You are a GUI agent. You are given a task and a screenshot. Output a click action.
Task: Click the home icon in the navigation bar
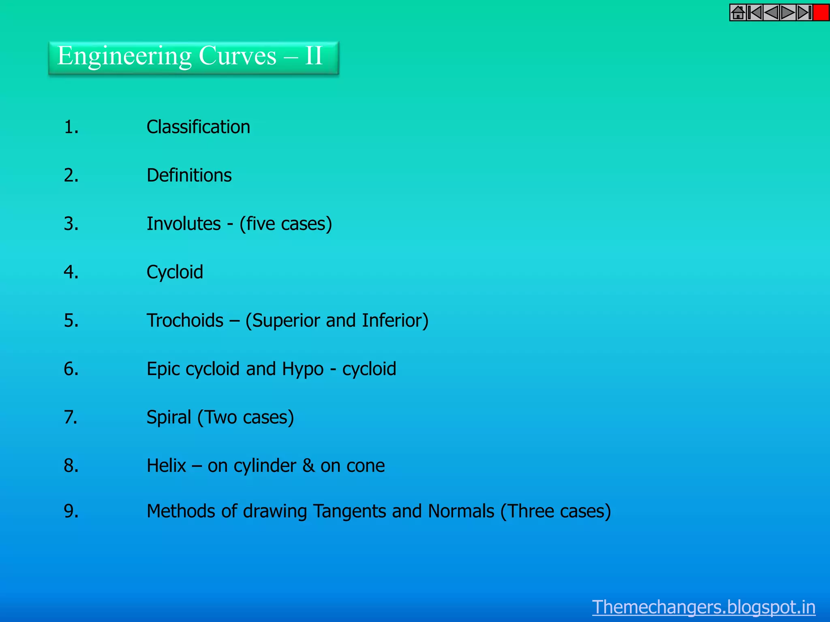click(738, 13)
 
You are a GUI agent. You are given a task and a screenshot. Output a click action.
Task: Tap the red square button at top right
click(821, 13)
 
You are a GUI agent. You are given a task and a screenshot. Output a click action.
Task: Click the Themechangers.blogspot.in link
click(704, 607)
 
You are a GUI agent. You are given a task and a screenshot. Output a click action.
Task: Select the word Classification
click(198, 127)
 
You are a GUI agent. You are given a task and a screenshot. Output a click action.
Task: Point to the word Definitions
click(189, 175)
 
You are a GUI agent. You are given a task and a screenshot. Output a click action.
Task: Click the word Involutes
click(184, 224)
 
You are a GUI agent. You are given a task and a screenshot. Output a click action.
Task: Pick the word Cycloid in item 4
click(175, 272)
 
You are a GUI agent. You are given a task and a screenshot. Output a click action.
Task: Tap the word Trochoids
click(185, 321)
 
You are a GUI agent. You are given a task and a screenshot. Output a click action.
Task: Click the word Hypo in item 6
click(302, 369)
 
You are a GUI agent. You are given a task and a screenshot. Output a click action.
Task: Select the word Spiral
click(169, 418)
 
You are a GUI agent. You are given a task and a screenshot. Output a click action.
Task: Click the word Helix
click(166, 466)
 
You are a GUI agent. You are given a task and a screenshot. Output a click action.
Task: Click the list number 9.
click(71, 511)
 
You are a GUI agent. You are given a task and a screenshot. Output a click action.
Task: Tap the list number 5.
click(71, 321)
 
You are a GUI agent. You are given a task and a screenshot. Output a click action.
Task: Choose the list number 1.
click(71, 127)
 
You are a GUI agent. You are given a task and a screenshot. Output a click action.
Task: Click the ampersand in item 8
click(308, 466)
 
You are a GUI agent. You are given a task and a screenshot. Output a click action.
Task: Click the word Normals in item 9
click(461, 511)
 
